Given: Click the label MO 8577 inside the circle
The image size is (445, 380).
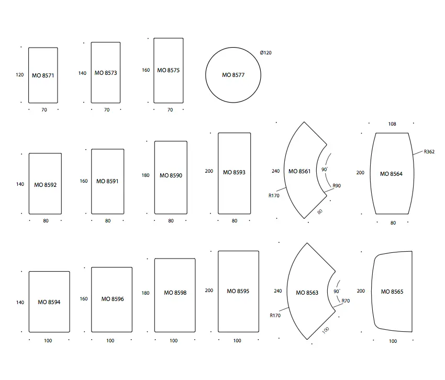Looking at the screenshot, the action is (233, 75).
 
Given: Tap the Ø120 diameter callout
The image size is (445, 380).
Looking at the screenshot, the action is (265, 52).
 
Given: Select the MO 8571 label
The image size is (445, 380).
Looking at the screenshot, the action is (43, 75).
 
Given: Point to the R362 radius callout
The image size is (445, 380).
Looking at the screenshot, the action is (429, 152).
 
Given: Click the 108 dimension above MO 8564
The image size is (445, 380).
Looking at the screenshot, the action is (392, 124).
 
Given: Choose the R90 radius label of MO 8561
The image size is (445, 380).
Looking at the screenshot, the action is (337, 186).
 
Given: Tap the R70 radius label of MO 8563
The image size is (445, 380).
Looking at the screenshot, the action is (346, 300).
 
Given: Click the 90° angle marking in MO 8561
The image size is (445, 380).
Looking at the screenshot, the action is (325, 169).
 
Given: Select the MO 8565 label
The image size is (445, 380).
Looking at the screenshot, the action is (392, 292).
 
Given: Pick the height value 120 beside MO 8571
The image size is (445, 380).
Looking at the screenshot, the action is (19, 75).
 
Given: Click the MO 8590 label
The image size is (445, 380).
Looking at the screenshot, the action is (171, 175).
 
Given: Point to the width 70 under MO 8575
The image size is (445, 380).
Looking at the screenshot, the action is (170, 109).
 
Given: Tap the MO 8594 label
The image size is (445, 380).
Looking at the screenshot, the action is (49, 302).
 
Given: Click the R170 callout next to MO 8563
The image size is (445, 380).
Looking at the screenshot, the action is (275, 315).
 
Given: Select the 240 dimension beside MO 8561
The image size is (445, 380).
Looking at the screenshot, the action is (275, 171).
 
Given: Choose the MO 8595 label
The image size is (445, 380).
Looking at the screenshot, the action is (238, 291).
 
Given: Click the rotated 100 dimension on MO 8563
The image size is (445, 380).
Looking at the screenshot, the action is (326, 330).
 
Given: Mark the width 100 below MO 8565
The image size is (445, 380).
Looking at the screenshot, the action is (393, 341).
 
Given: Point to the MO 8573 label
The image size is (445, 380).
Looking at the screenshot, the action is (106, 73).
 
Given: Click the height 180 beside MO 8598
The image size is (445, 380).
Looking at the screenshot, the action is (146, 293).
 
